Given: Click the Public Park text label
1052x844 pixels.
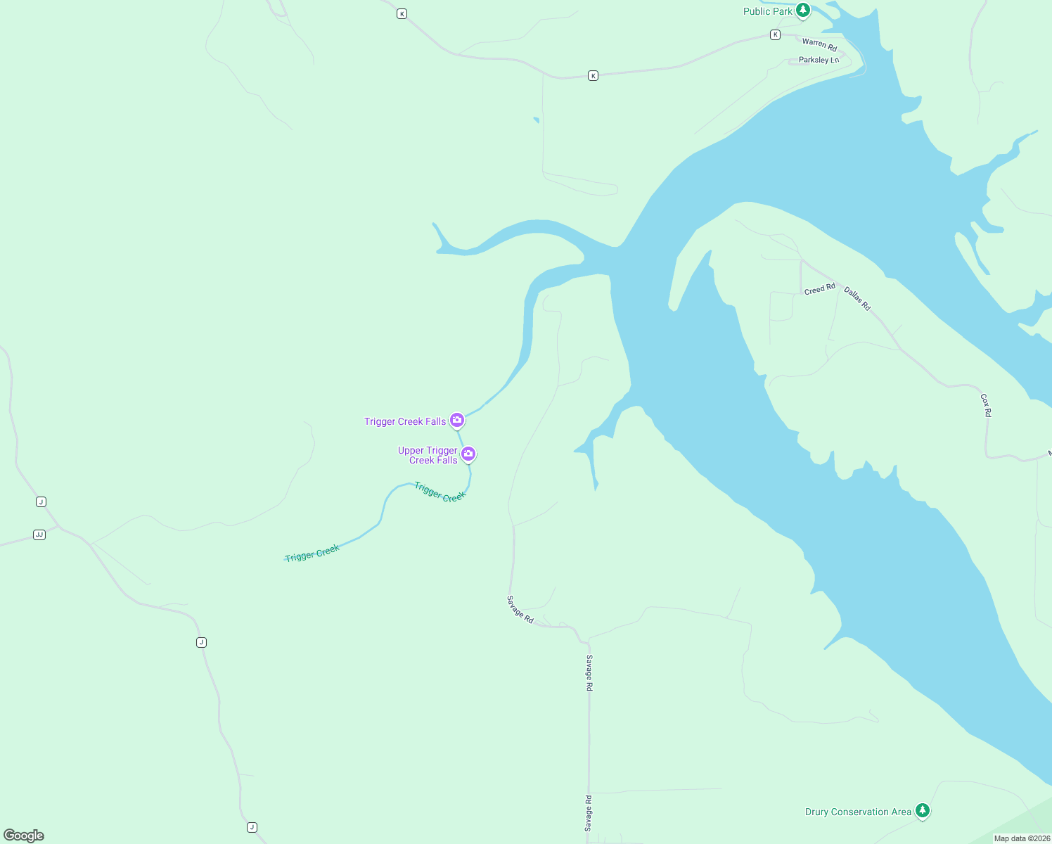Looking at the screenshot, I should (x=767, y=11).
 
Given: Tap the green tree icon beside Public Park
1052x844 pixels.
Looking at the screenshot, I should (x=803, y=11).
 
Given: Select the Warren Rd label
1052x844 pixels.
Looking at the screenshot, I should (x=819, y=45).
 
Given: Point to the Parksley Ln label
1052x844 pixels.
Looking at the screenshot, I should (x=819, y=60).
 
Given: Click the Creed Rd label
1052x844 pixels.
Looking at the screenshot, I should (x=819, y=289).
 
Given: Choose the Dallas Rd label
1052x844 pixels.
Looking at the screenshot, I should (x=857, y=299).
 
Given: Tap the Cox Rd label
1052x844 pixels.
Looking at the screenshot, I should (x=986, y=405).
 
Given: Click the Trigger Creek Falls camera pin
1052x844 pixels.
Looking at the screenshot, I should (x=457, y=420).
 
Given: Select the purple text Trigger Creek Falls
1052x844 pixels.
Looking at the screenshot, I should (x=405, y=421).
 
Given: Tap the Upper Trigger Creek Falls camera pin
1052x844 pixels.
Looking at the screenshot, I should (x=468, y=454).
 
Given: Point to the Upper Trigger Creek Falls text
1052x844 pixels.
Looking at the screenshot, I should (x=428, y=455).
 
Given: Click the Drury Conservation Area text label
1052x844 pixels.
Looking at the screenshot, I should (x=858, y=812).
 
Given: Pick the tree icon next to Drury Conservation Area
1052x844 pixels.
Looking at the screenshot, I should (x=923, y=810).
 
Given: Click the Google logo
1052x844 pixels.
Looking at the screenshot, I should (x=24, y=835).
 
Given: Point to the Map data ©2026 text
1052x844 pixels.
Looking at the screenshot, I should (x=1022, y=838).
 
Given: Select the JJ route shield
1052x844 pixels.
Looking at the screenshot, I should (x=39, y=535).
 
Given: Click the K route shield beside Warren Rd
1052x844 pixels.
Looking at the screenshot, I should (x=775, y=34).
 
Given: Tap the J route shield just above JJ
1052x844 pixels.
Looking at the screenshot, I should (x=41, y=501).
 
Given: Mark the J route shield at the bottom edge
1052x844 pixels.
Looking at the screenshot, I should (x=252, y=827).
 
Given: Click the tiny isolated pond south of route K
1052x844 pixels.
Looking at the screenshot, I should (x=537, y=120).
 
